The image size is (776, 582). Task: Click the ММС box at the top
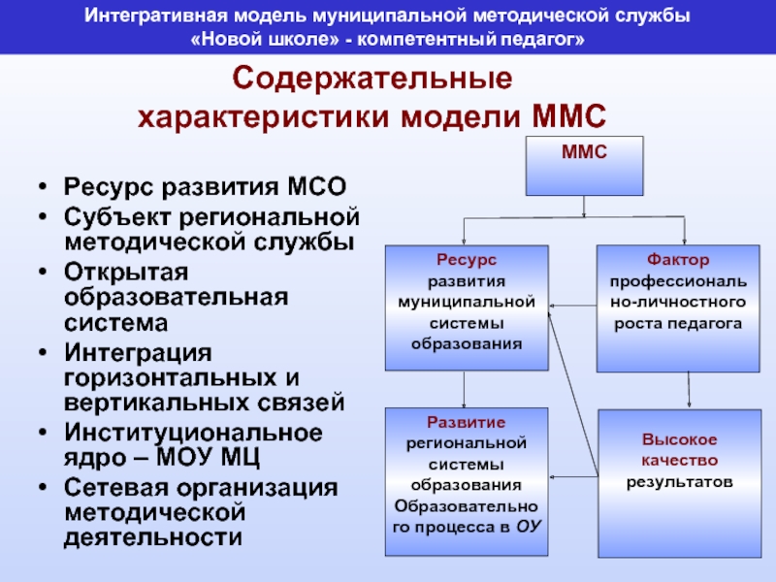point(584,165)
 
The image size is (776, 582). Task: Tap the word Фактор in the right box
point(677,261)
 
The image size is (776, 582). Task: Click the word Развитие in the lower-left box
point(467,423)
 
